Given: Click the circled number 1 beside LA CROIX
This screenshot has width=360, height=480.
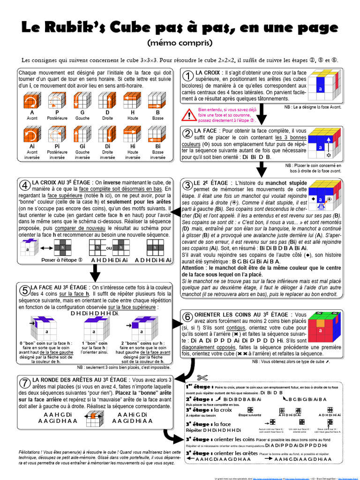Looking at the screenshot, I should click(188, 76).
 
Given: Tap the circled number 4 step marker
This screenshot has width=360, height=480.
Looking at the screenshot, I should click(24, 184).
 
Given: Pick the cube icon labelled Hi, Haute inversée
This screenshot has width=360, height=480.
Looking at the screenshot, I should click(133, 135).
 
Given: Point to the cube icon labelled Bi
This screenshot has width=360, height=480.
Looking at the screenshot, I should click(158, 135).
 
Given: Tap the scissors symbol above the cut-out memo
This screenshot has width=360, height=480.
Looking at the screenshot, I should click(202, 378).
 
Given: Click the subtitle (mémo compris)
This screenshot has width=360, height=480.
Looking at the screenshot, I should click(180, 43).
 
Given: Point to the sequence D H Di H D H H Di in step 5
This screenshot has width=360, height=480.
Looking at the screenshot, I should click(95, 313).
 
